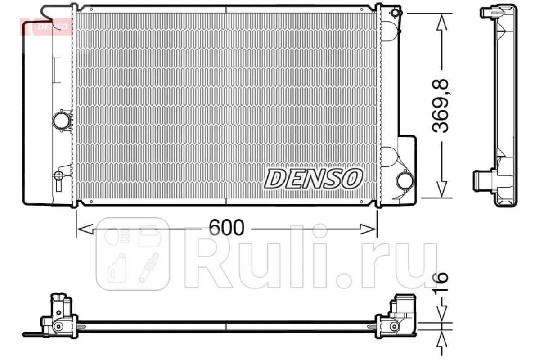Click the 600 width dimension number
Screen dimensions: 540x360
226,228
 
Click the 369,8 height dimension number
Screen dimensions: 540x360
441,106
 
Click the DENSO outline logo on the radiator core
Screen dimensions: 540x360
313,179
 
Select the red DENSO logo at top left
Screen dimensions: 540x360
46,27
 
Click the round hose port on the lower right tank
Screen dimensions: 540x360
405,180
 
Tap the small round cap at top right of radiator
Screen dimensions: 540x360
395,13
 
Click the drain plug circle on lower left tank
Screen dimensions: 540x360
58,175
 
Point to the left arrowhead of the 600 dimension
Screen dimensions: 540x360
85,229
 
